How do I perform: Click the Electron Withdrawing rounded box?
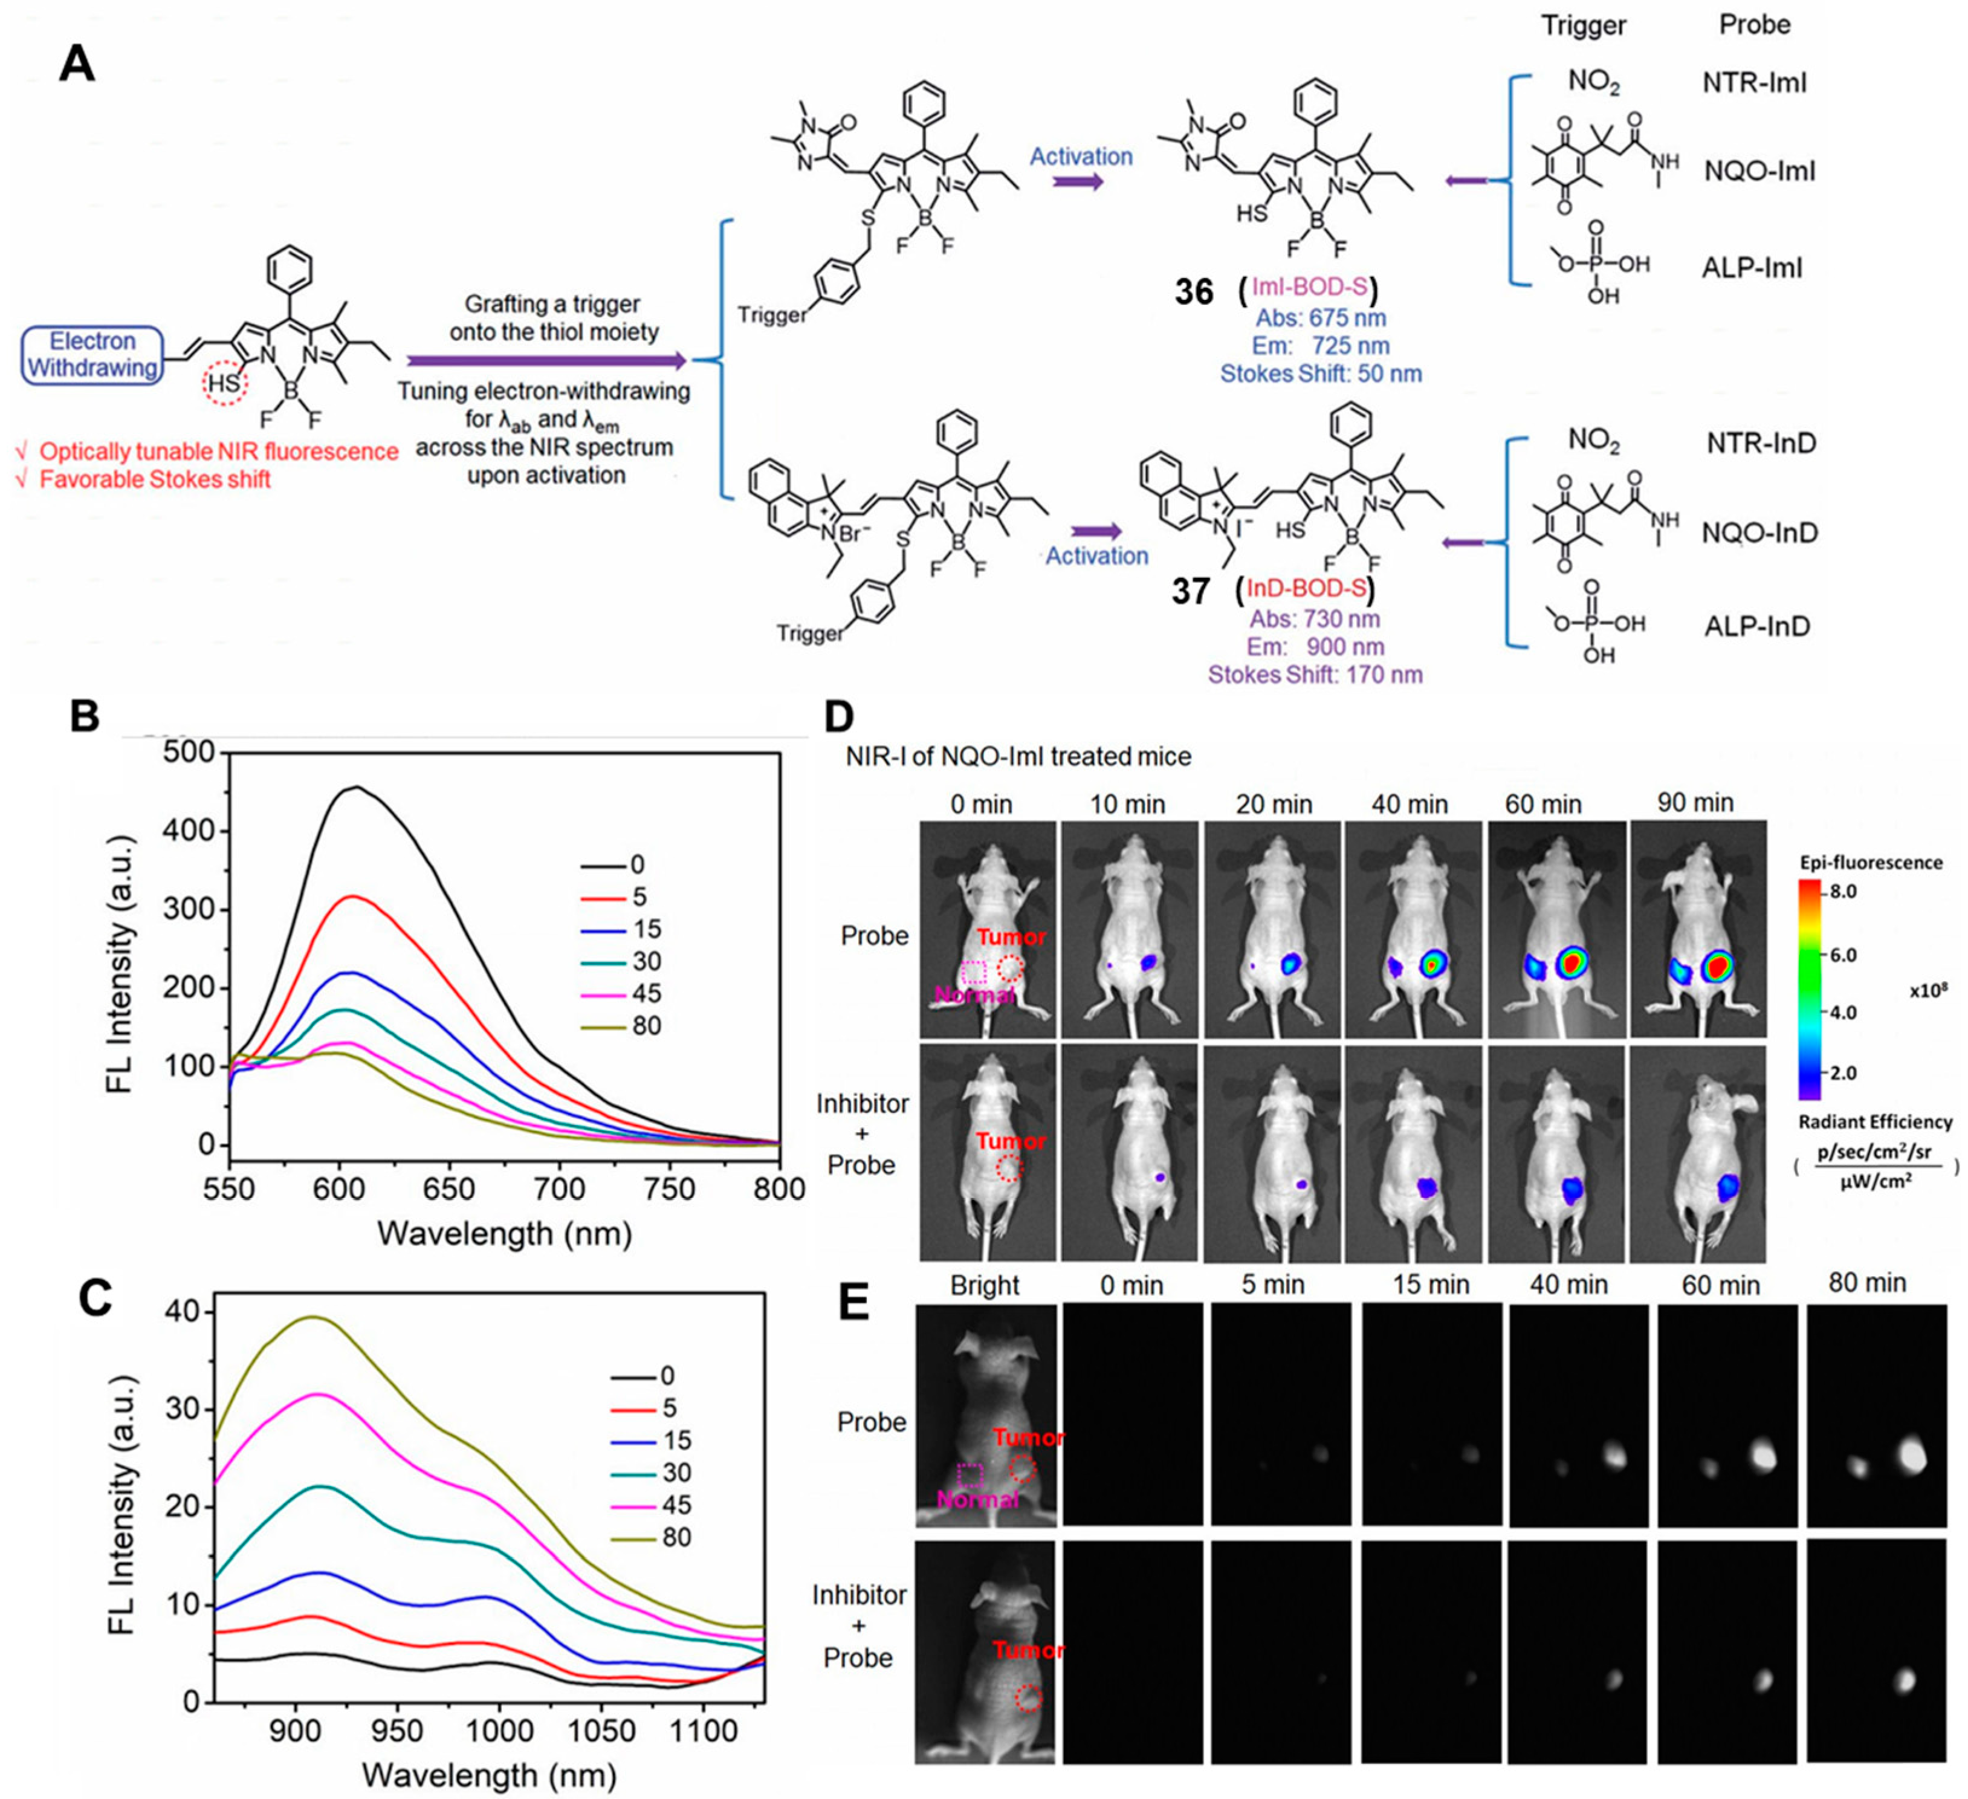[x=92, y=354]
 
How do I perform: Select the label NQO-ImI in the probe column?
[x=1759, y=172]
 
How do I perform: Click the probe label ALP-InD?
[x=1756, y=626]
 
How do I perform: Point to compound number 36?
[x=1194, y=292]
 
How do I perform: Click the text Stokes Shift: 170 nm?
[x=1315, y=675]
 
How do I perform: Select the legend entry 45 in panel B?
[x=646, y=993]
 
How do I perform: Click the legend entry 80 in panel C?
[x=676, y=1537]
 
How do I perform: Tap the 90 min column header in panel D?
[x=1695, y=802]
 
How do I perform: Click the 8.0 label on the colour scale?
[x=1843, y=891]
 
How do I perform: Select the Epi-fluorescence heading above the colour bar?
[x=1870, y=862]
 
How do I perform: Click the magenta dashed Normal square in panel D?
[x=973, y=972]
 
